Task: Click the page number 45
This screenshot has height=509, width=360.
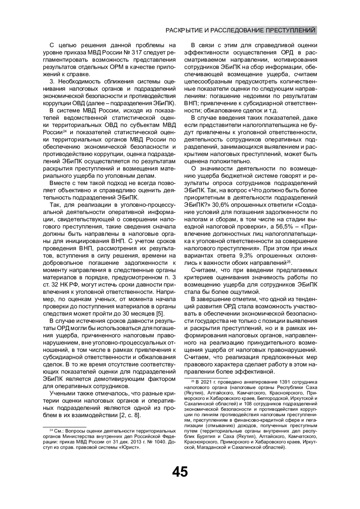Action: pyautogui.click(x=180, y=472)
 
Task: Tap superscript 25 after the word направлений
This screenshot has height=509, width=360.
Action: pyautogui.click(x=289, y=261)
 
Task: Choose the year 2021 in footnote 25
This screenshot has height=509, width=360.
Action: pyautogui.click(x=206, y=382)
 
